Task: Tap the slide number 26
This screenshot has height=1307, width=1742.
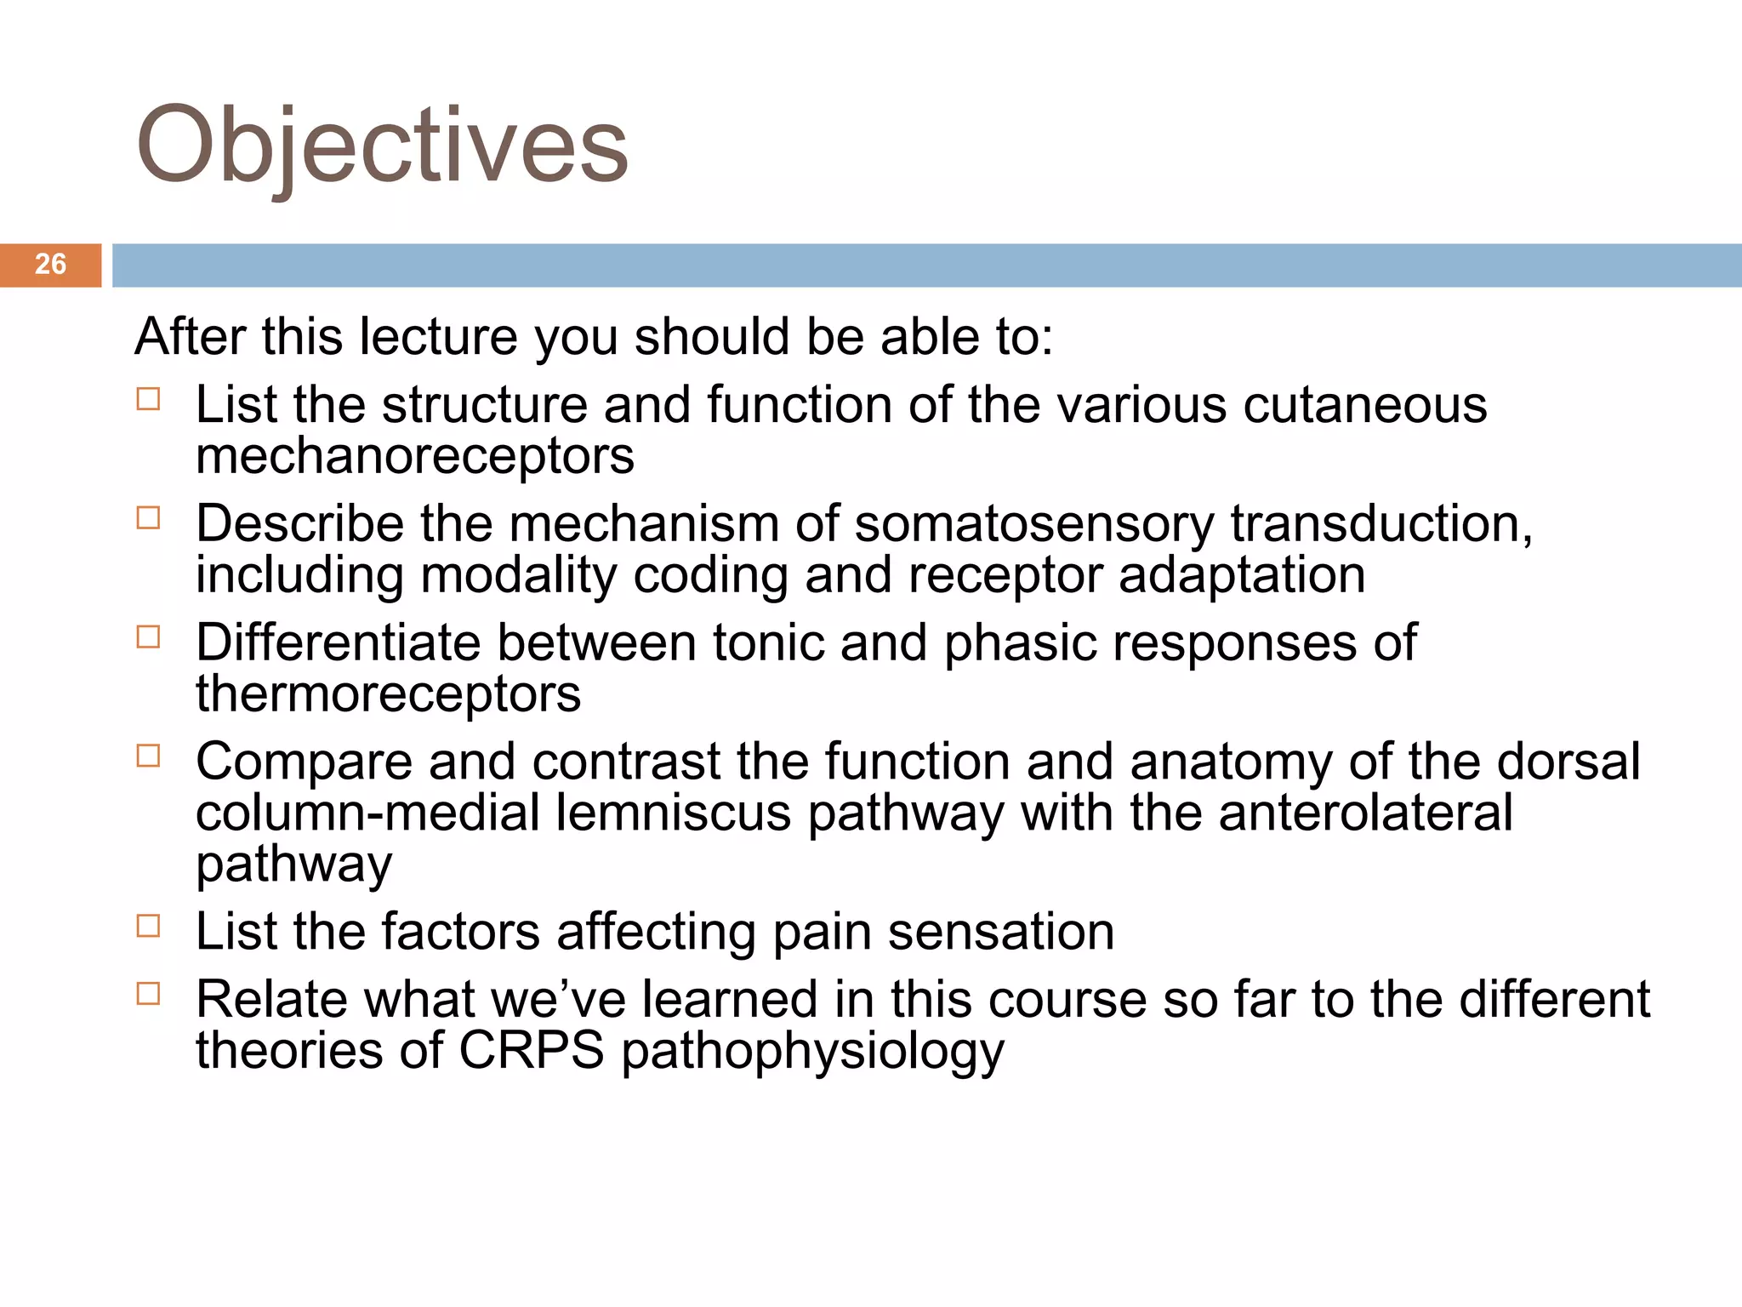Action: coord(50,265)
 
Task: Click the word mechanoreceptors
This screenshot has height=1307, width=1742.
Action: coord(415,458)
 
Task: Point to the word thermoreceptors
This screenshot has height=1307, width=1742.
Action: coord(388,694)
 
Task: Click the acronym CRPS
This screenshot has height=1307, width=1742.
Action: coord(531,1050)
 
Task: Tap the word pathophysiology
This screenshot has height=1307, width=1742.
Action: coord(812,1052)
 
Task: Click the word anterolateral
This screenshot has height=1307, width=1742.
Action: coord(1365,813)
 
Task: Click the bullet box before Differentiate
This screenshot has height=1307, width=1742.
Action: coord(148,637)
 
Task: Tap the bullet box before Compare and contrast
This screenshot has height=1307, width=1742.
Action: coord(148,756)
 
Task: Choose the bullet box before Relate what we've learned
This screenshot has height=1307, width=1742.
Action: coord(148,994)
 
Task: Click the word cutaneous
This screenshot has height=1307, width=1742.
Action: coord(1364,405)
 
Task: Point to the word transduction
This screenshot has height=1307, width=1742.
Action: coord(1381,524)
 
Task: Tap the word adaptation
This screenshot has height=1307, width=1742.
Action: coord(1241,576)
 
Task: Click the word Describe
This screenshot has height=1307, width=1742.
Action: coord(299,523)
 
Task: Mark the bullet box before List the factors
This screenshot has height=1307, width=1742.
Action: coord(148,926)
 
